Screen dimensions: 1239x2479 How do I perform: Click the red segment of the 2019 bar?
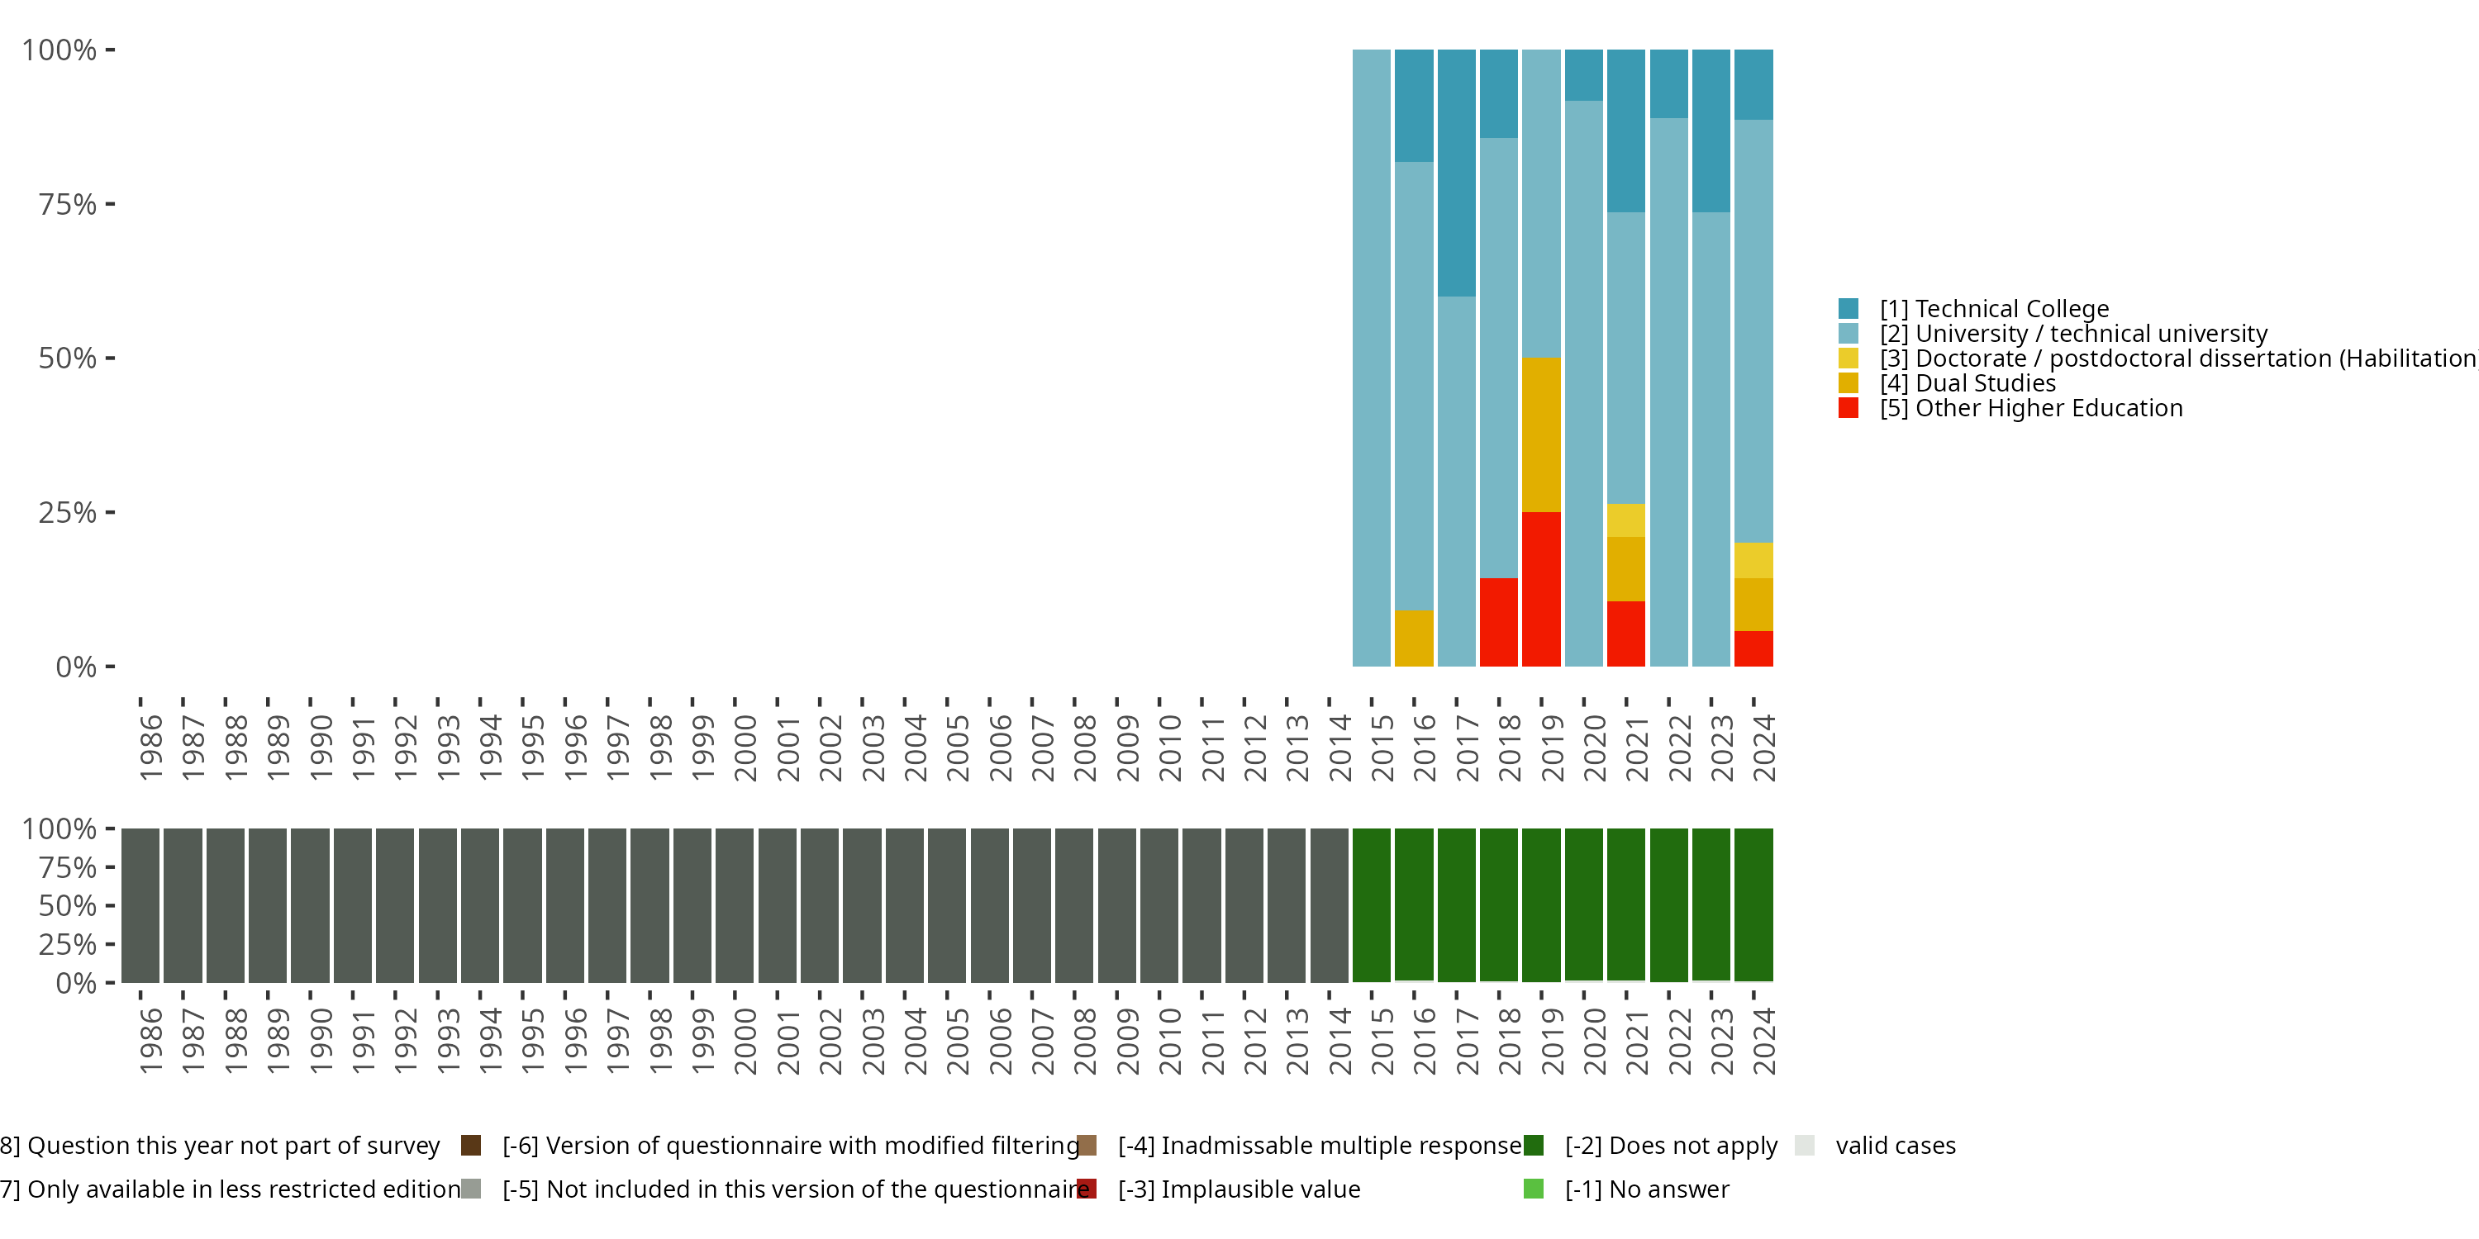pyautogui.click(x=1541, y=589)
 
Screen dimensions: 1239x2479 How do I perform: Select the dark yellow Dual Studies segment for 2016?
pyautogui.click(x=1414, y=638)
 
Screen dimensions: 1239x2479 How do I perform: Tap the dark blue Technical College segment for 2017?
pyautogui.click(x=1456, y=173)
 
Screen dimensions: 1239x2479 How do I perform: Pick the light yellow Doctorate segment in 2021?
pyautogui.click(x=1625, y=520)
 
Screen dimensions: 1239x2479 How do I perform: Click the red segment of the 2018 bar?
pyautogui.click(x=1498, y=621)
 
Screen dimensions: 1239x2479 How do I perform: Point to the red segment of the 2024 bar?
pyautogui.click(x=1753, y=648)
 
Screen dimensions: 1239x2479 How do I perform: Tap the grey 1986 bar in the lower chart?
pyautogui.click(x=140, y=905)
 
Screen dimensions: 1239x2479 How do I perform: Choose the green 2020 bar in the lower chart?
pyautogui.click(x=1583, y=905)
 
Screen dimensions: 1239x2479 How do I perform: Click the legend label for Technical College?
pyautogui.click(x=2011, y=309)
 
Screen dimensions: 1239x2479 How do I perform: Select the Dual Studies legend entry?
pyautogui.click(x=1986, y=383)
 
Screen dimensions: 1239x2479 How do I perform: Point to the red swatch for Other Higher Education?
pyautogui.click(x=1848, y=408)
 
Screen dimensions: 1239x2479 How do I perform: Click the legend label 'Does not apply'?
pyautogui.click(x=1671, y=1146)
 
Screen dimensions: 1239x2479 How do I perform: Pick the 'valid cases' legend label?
pyautogui.click(x=1895, y=1146)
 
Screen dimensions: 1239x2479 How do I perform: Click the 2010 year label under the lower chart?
pyautogui.click(x=1170, y=1041)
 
